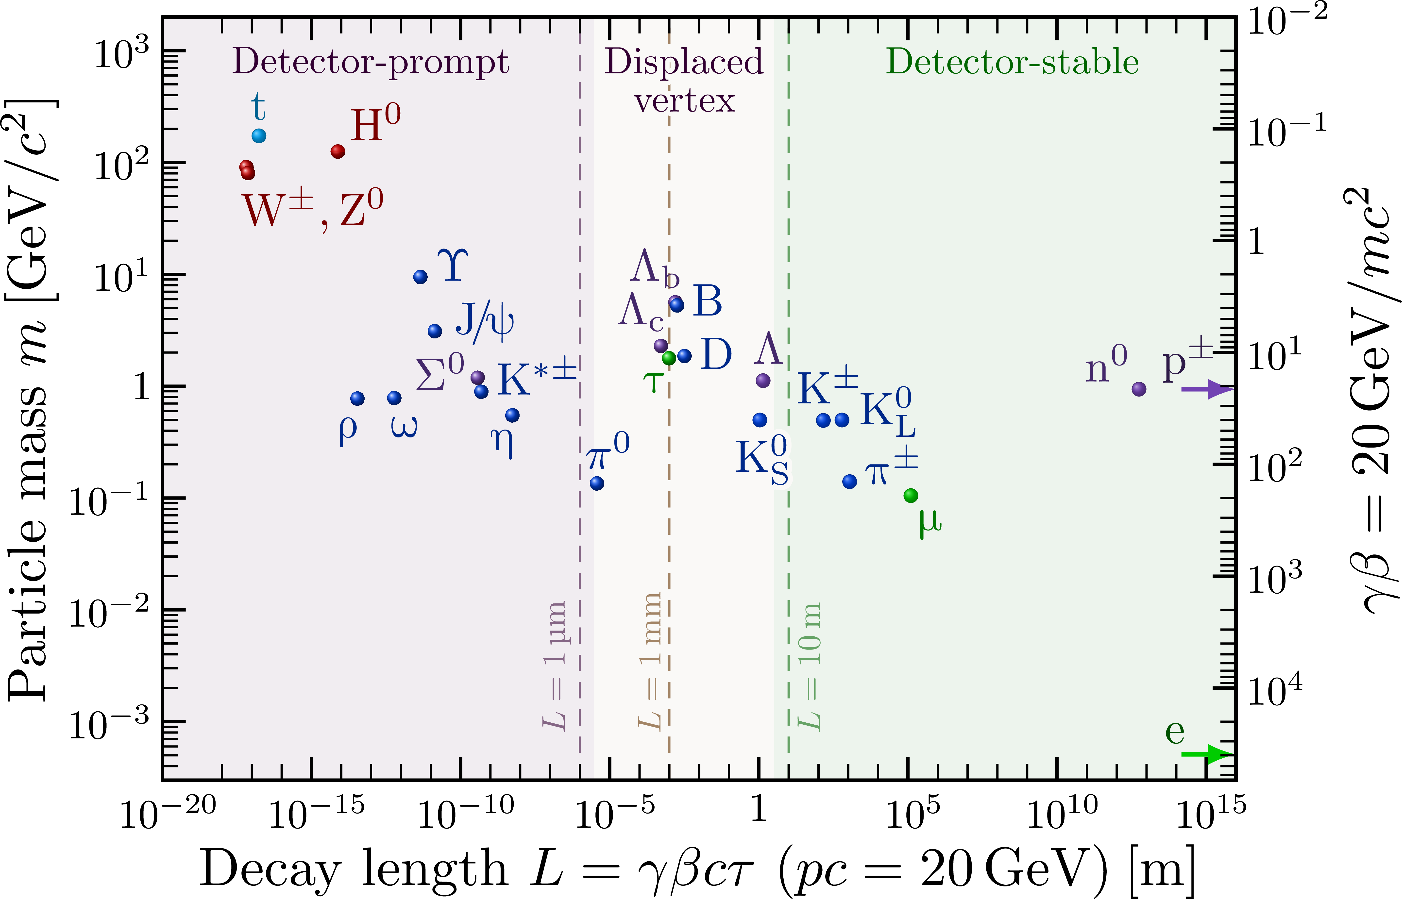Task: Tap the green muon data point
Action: pyautogui.click(x=910, y=496)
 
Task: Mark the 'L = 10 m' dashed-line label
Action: pyautogui.click(x=810, y=666)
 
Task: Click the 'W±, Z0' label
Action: pyautogui.click(x=312, y=210)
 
